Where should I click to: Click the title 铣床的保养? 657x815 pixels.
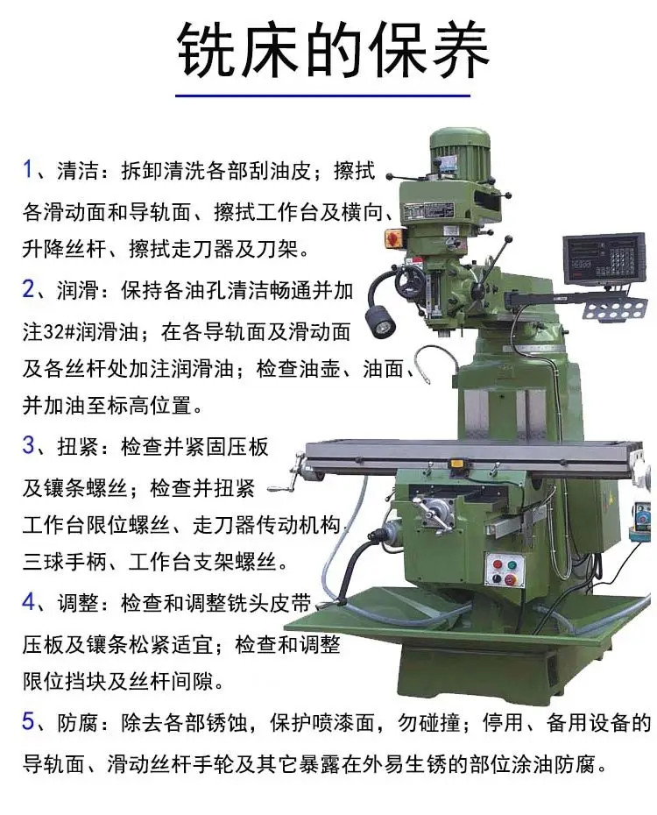tap(332, 51)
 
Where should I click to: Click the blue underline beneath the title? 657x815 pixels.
tap(322, 96)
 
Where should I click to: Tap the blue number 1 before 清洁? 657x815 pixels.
tap(27, 169)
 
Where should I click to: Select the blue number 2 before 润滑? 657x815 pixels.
tap(29, 288)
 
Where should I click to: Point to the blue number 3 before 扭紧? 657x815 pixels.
tap(29, 445)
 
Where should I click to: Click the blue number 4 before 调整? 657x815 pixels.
tap(29, 602)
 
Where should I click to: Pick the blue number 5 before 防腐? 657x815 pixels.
tap(29, 721)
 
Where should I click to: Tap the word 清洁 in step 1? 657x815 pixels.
tap(77, 171)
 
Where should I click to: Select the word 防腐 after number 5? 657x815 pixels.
tap(77, 722)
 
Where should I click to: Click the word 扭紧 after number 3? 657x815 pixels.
tap(77, 446)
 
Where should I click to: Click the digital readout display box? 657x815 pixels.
tap(604, 259)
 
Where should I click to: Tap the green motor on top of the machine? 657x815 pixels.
tap(460, 152)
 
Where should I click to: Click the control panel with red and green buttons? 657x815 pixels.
tap(505, 570)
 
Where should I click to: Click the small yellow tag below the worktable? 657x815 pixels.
tap(456, 463)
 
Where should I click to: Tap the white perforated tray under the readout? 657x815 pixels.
tap(615, 309)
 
